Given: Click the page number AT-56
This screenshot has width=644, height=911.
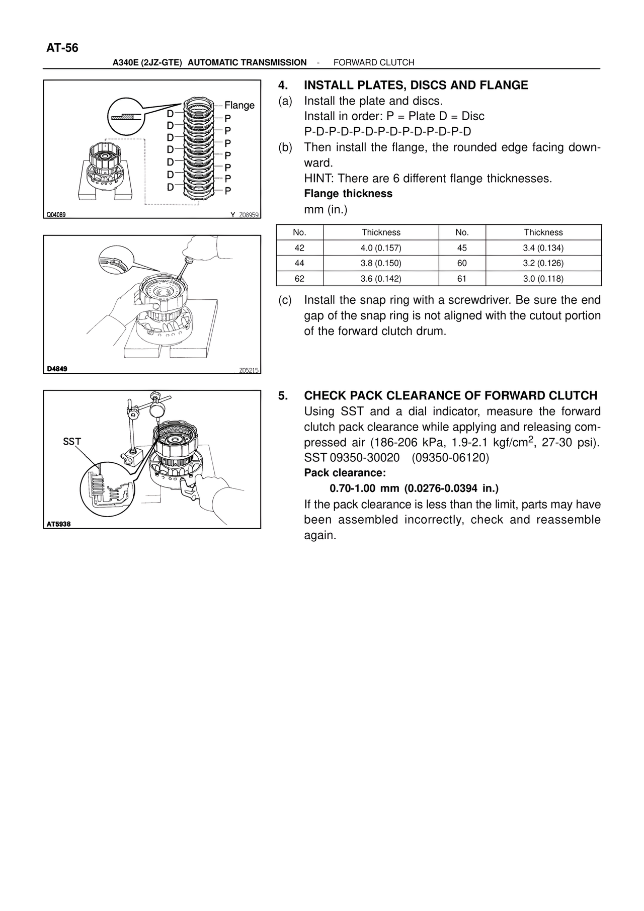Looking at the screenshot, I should (x=62, y=48).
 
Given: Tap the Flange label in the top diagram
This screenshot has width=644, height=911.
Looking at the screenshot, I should (x=239, y=105).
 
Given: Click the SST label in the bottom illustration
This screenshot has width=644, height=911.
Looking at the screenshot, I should (x=72, y=442).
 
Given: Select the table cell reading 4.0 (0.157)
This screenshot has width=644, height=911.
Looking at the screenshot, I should (x=381, y=248).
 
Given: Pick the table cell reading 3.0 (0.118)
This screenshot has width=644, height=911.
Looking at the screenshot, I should (x=543, y=279).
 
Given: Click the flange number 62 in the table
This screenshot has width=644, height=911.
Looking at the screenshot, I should (x=299, y=279).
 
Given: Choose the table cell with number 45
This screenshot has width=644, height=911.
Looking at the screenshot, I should (x=462, y=248).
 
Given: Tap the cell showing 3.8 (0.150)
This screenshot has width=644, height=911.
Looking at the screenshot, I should (x=381, y=263).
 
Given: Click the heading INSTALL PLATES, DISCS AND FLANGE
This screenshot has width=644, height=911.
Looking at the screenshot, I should (x=416, y=86).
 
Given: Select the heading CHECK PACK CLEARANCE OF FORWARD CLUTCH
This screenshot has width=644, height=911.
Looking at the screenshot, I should (x=450, y=396).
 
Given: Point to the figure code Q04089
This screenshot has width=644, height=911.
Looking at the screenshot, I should (x=56, y=215).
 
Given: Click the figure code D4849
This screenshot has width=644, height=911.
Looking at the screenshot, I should (x=57, y=369).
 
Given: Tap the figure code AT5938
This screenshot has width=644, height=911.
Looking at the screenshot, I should (x=59, y=524).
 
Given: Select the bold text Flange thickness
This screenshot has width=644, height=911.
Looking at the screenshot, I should (x=348, y=194).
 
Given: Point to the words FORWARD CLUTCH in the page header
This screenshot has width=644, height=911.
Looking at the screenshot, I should (x=374, y=62).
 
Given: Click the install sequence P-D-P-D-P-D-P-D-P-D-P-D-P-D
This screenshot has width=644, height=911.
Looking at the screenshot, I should (x=387, y=132).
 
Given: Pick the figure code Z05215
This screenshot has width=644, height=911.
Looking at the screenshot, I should (x=249, y=370).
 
